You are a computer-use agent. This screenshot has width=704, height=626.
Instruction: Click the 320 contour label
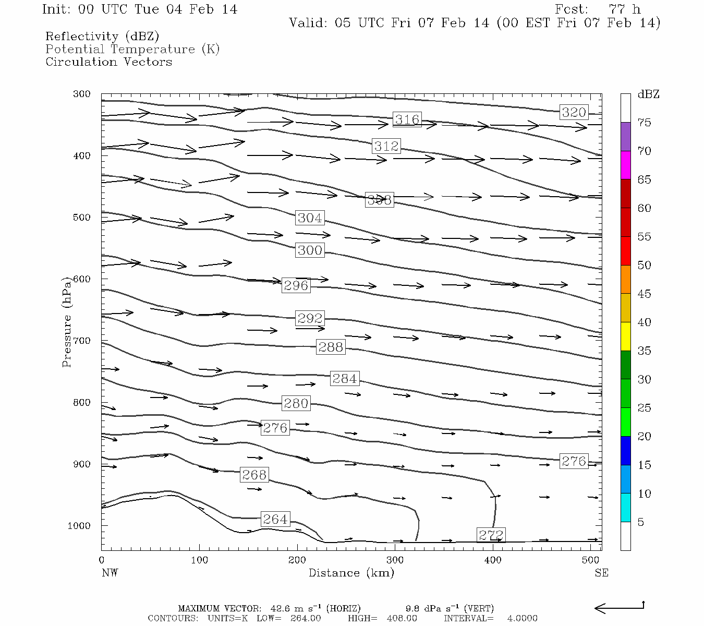[x=574, y=112]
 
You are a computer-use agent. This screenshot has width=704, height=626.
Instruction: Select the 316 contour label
[x=407, y=119]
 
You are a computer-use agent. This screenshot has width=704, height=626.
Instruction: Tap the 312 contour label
[x=386, y=146]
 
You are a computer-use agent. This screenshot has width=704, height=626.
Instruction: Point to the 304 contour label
[x=310, y=218]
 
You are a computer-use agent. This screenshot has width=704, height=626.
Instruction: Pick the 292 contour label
[x=310, y=318]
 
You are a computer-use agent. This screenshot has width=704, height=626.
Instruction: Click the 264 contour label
[x=275, y=519]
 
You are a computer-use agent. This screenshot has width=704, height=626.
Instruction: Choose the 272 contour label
[x=491, y=535]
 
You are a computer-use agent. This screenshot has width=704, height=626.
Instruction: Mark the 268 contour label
[x=254, y=475]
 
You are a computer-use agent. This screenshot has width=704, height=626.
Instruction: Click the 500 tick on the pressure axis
[x=82, y=218]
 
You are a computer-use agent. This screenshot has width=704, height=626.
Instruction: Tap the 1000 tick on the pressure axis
[x=79, y=526]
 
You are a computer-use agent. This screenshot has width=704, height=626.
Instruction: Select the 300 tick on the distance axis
[x=395, y=560]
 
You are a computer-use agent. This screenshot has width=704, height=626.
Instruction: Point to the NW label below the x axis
[x=110, y=573]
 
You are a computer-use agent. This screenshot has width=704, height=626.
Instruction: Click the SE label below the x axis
[x=601, y=573]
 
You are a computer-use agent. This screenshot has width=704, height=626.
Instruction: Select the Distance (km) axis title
[x=351, y=573]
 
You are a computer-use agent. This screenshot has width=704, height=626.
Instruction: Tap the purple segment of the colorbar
[x=625, y=137]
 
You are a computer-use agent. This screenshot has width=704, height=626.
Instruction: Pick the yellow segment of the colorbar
[x=625, y=336]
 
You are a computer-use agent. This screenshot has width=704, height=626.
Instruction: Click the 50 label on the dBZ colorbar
[x=645, y=266]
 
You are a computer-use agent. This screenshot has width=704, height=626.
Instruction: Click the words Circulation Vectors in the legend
[x=108, y=62]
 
